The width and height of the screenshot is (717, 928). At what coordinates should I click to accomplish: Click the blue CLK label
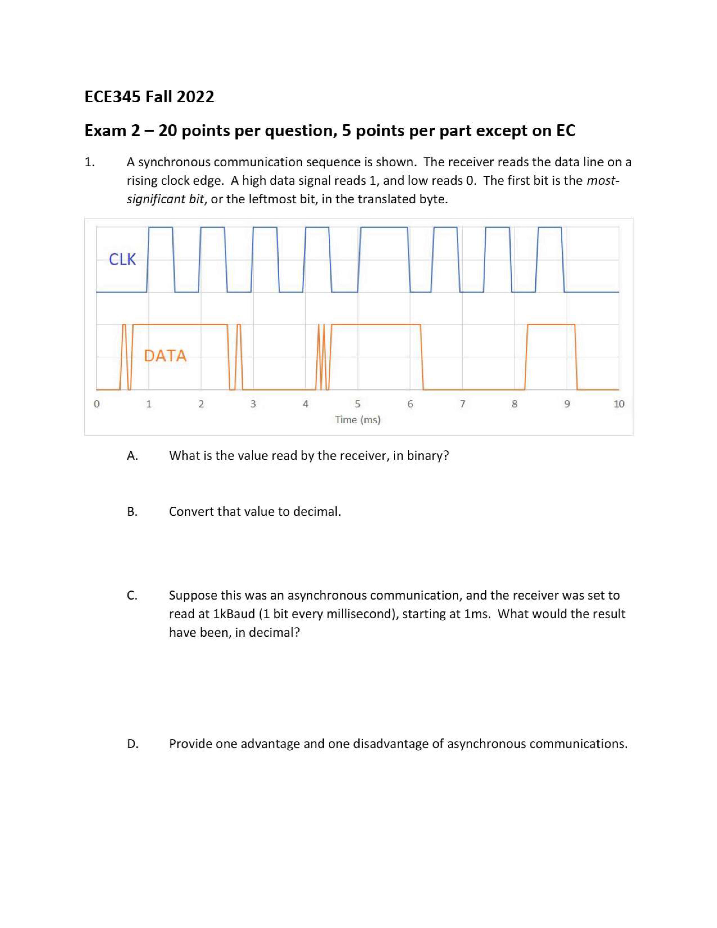[122, 259]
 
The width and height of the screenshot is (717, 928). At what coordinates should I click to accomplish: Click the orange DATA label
[165, 356]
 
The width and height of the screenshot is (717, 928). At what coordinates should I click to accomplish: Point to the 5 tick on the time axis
[358, 404]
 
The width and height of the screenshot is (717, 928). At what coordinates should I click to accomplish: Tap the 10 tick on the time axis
[619, 404]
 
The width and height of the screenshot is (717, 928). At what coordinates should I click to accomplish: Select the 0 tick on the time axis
[96, 404]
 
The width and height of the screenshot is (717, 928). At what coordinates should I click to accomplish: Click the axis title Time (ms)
[358, 420]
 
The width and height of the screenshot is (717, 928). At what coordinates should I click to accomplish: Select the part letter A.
[132, 456]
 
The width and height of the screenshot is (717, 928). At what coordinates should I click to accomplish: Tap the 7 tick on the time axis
[463, 404]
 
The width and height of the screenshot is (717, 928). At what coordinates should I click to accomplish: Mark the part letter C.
[132, 596]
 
